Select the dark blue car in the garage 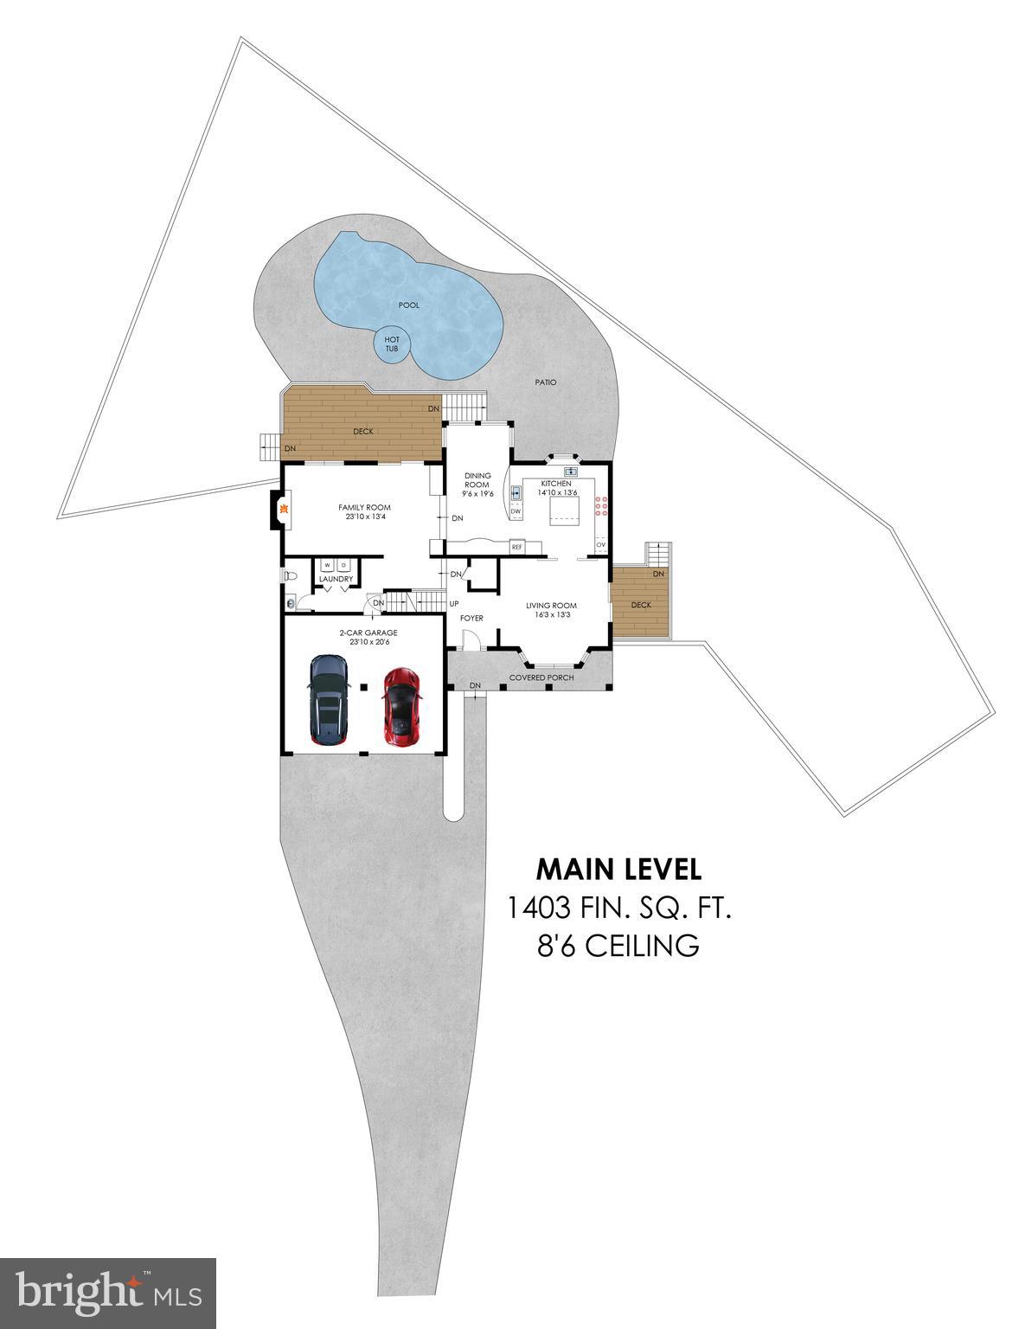[x=329, y=700]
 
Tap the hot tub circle [x=392, y=344]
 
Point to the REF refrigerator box [x=516, y=547]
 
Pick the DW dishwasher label [x=516, y=511]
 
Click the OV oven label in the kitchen [x=599, y=544]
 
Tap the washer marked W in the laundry [x=328, y=565]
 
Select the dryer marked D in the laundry [x=343, y=565]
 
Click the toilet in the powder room [x=290, y=575]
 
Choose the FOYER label [x=471, y=618]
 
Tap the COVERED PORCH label [x=541, y=677]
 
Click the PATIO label [x=545, y=382]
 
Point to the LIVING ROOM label [x=551, y=606]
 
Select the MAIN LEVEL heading [x=618, y=868]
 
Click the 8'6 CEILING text [x=618, y=946]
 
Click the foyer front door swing [x=471, y=639]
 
